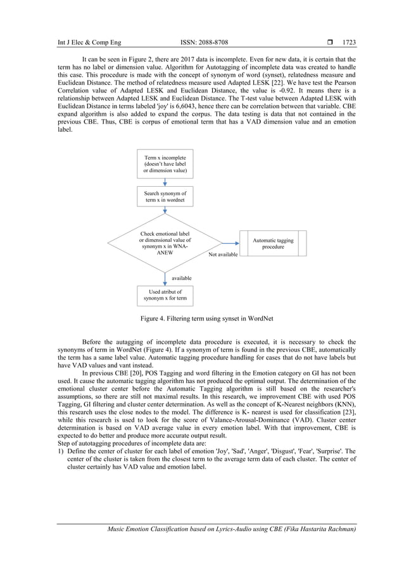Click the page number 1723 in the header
349,43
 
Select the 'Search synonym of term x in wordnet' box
165,197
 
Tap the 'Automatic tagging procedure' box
273,244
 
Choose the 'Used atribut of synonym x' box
165,296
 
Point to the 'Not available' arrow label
224,254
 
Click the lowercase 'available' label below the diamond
182,277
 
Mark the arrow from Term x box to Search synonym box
165,182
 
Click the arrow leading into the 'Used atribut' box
165,279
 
